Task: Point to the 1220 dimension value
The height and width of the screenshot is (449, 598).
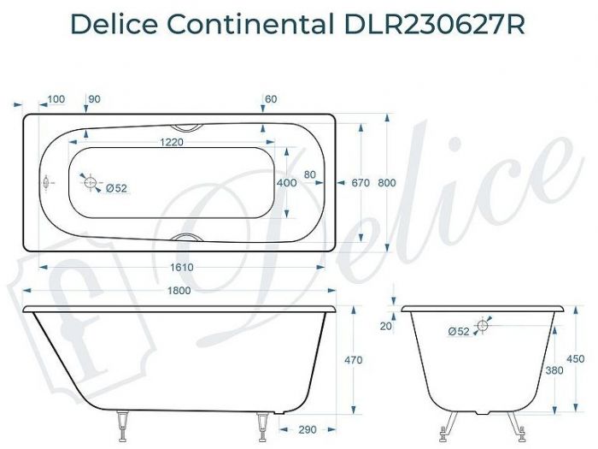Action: point(173,143)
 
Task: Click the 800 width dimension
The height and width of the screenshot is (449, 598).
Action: point(387,182)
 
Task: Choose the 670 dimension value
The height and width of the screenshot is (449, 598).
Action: point(360,182)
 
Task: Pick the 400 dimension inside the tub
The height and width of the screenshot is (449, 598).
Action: point(287,182)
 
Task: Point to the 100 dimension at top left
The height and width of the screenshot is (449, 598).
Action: point(56,100)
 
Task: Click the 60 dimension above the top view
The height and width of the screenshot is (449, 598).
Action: point(272,100)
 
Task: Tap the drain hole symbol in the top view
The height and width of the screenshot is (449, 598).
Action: point(91,181)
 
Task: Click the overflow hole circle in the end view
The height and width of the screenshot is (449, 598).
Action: point(484,325)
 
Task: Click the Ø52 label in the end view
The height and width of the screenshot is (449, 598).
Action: point(460,332)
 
